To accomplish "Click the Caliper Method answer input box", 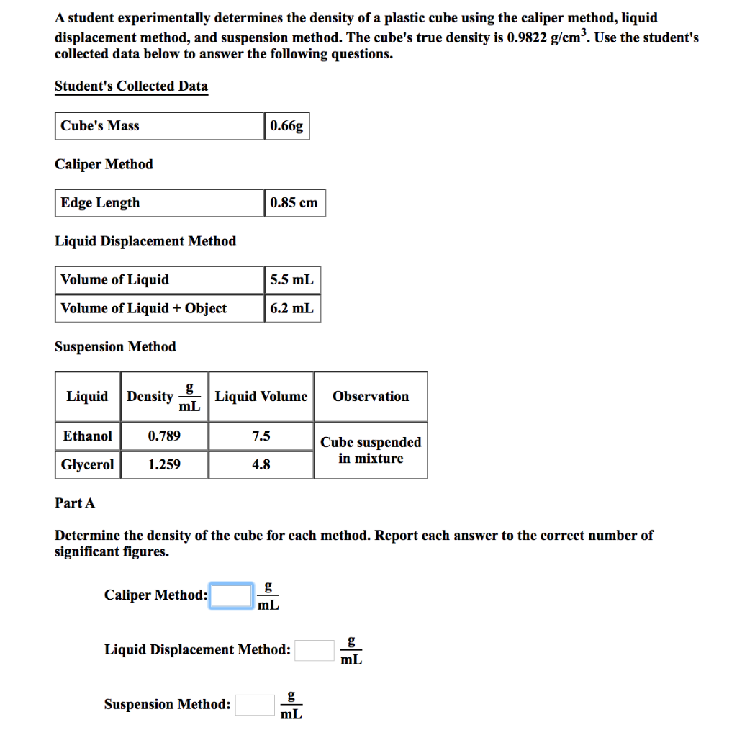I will point(231,595).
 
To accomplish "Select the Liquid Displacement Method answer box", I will point(315,650).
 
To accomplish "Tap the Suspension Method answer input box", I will point(255,705).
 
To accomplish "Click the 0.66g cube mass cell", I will point(286,126).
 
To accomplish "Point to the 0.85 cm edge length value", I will point(294,203).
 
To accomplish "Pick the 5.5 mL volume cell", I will point(291,280).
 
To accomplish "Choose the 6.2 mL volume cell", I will point(291,309).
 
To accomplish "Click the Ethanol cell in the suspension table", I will point(88,436).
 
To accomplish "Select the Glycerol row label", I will point(88,465).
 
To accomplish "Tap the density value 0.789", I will point(164,436).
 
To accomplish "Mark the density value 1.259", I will point(164,465).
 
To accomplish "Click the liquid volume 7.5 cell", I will point(261,436).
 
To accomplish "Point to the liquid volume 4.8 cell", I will point(261,465).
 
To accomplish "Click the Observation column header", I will point(371,397).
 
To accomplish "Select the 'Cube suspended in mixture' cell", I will point(371,451).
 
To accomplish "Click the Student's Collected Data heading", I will point(131,86).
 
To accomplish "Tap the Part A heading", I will point(75,503).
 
